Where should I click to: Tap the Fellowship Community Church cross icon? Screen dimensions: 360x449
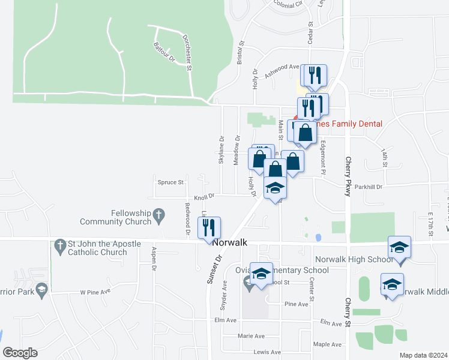159,214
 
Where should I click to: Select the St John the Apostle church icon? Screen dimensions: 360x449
59,245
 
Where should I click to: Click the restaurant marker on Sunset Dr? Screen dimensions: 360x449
209,228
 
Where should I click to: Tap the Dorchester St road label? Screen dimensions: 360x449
187,52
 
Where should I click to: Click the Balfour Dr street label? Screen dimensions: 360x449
163,51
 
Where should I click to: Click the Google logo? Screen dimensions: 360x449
20,353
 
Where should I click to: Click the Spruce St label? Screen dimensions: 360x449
170,182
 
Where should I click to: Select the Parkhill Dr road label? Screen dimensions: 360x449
368,187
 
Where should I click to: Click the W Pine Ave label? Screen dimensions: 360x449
95,292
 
